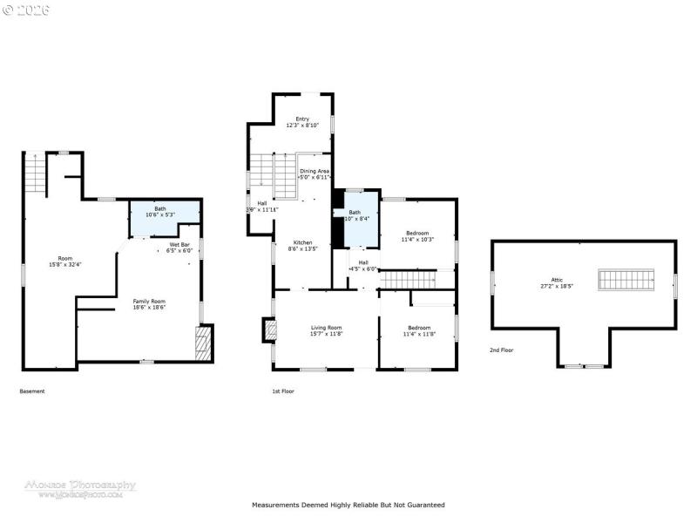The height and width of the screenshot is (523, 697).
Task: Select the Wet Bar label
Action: click(x=179, y=248)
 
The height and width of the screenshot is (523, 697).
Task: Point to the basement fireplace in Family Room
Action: click(x=203, y=343)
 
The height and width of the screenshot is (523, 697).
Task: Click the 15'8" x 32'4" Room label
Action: click(x=65, y=261)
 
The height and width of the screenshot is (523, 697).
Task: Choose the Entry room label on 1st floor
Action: click(x=302, y=122)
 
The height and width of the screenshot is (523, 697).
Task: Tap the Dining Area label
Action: click(x=315, y=174)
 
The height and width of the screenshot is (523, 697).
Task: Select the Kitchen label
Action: click(x=302, y=245)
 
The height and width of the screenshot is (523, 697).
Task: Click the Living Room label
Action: click(x=327, y=330)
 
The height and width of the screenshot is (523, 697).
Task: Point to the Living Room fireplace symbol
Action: click(x=269, y=329)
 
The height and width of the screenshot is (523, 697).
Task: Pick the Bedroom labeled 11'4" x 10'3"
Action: click(x=417, y=236)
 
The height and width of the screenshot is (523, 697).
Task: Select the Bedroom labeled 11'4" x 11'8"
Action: click(x=417, y=330)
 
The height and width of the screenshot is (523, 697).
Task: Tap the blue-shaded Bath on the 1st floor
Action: click(x=357, y=217)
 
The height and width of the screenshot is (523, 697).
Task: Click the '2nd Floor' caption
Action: click(x=501, y=350)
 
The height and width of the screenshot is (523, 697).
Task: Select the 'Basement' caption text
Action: click(x=32, y=391)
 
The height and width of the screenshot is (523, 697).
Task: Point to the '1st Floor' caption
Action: click(x=283, y=391)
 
